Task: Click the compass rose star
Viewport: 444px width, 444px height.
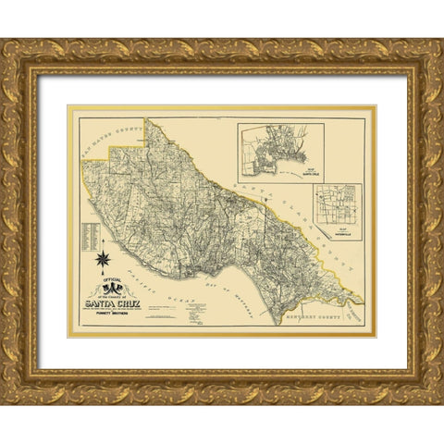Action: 105,251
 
